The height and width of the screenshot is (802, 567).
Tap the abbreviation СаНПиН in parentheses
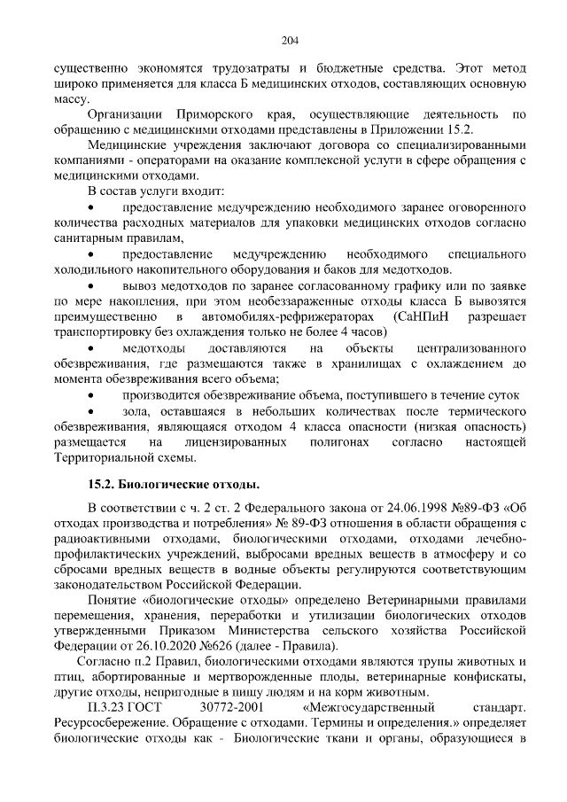coord(427,316)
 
